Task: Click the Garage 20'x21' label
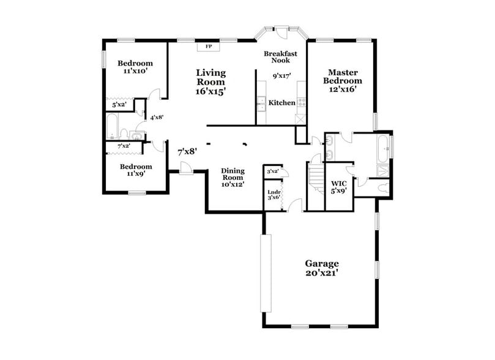tap(322, 268)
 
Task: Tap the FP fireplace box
tap(209, 46)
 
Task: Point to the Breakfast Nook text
tap(281, 58)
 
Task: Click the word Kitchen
tap(282, 103)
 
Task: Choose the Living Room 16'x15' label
tap(211, 81)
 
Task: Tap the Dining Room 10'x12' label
tap(232, 178)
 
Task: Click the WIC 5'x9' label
tap(339, 187)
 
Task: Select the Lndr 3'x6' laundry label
tap(274, 195)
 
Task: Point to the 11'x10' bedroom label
tap(135, 67)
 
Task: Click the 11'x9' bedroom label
tap(135, 170)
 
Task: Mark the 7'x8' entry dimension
tap(187, 151)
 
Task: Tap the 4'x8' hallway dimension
tap(157, 117)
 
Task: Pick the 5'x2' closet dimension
tap(119, 105)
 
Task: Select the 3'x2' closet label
tap(273, 171)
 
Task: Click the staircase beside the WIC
tap(314, 178)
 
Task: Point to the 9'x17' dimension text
tap(281, 77)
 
